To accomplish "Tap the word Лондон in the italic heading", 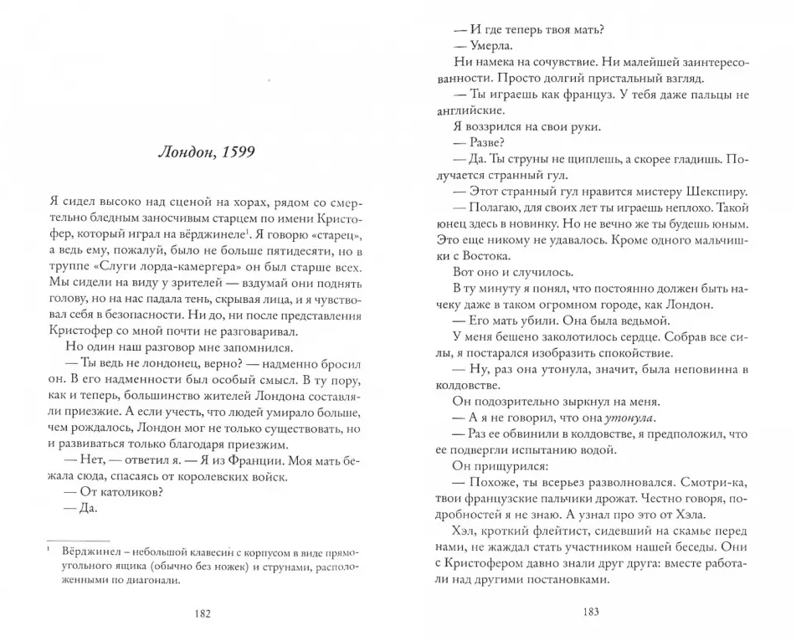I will point(186,154).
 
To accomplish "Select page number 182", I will point(202,613).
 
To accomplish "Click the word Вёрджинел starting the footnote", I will point(90,552).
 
